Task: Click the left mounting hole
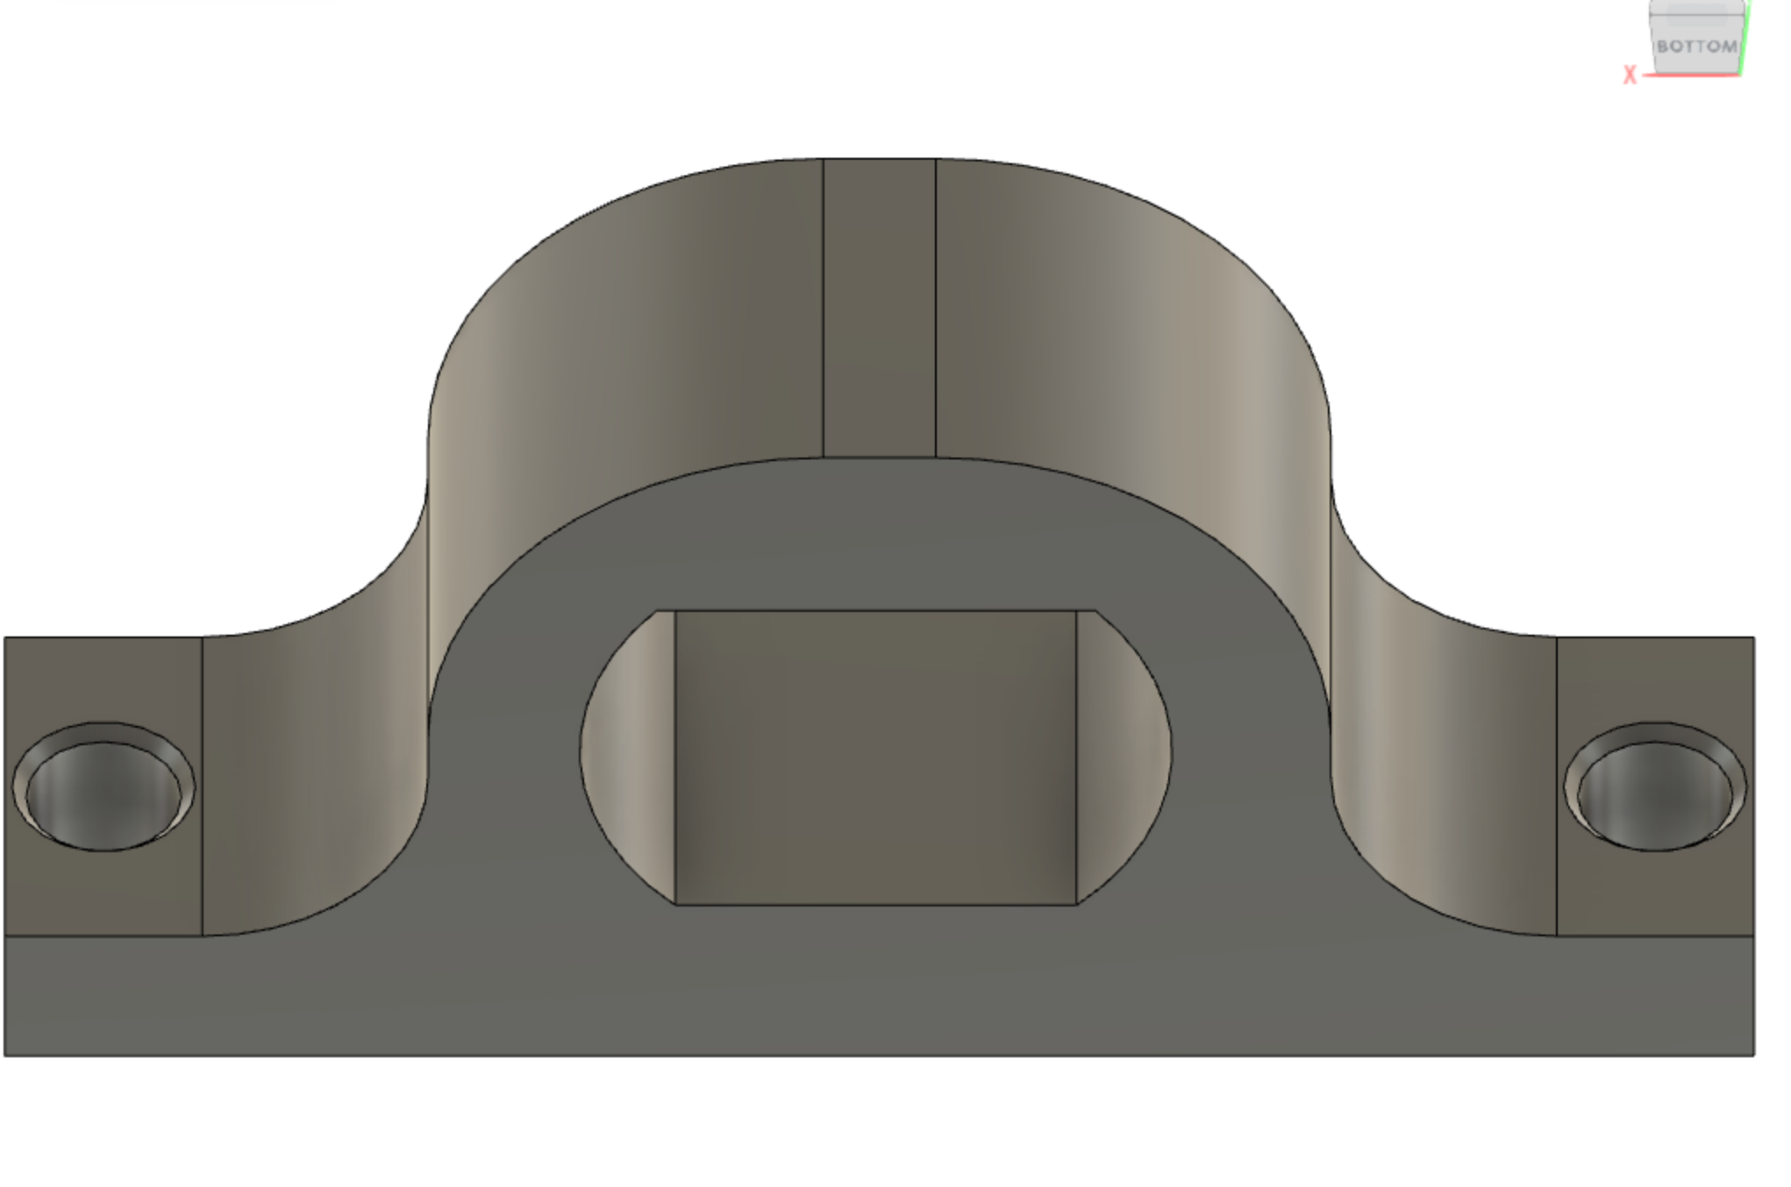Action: tap(103, 789)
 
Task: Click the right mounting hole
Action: tap(1655, 789)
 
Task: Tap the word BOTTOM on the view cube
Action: tap(1696, 46)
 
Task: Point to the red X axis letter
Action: tap(1630, 75)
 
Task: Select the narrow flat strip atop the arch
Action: tap(879, 307)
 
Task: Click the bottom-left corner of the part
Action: tap(5, 1055)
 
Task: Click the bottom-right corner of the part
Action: tap(1754, 1055)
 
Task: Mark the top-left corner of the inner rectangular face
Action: tap(676, 611)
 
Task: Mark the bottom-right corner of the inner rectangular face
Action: tap(1076, 903)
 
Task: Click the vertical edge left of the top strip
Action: tap(823, 307)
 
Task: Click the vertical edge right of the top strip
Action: tap(936, 307)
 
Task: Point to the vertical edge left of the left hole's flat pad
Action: tap(5, 789)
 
